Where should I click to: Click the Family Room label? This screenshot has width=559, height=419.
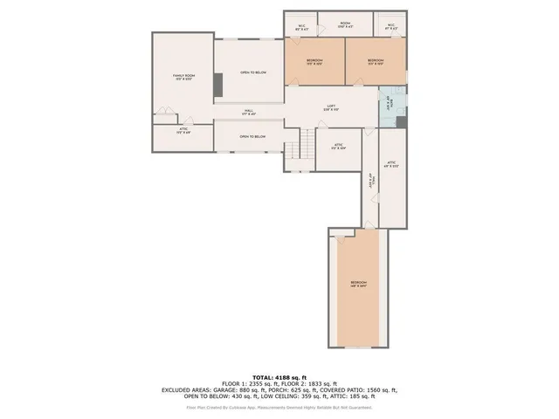(x=183, y=79)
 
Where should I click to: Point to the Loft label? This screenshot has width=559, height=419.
(x=331, y=107)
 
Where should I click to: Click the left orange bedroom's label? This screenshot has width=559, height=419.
(x=314, y=61)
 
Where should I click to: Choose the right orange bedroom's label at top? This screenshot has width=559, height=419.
(x=376, y=61)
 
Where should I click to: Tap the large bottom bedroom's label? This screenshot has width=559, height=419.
(x=359, y=285)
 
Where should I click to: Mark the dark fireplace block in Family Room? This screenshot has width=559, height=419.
(x=217, y=86)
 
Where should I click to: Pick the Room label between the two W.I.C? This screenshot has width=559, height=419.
(x=345, y=24)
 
